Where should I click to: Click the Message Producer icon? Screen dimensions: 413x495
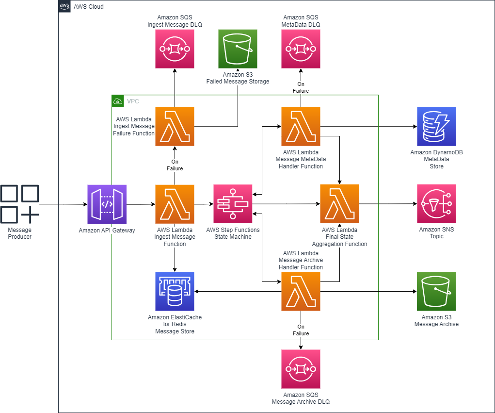coord(20,204)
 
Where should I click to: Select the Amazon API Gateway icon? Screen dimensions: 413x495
coord(107,204)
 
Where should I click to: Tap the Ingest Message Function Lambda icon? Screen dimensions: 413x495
coord(175,204)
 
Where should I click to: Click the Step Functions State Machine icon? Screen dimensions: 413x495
coord(233,204)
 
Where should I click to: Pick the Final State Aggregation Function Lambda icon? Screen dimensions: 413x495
coord(339,204)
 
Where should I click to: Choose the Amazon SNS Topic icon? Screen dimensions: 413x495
coord(436,204)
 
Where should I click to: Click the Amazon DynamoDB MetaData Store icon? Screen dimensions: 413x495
coord(436,126)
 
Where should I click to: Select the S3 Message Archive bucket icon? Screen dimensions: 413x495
coord(436,291)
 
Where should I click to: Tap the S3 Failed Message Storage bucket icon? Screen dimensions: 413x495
coord(238,49)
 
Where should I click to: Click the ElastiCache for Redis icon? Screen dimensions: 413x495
coord(175,291)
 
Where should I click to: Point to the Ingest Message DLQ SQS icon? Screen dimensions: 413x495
coord(175,49)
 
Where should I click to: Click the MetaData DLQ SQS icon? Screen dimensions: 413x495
coord(301,49)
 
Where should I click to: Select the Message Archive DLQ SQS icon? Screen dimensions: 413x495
coord(301,369)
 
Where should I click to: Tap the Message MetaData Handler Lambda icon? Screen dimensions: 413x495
coord(301,126)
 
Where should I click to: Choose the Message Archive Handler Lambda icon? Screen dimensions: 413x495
coord(301,291)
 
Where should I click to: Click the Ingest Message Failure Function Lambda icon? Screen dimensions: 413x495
coord(175,126)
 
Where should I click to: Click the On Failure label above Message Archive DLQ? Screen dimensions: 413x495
coord(301,330)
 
